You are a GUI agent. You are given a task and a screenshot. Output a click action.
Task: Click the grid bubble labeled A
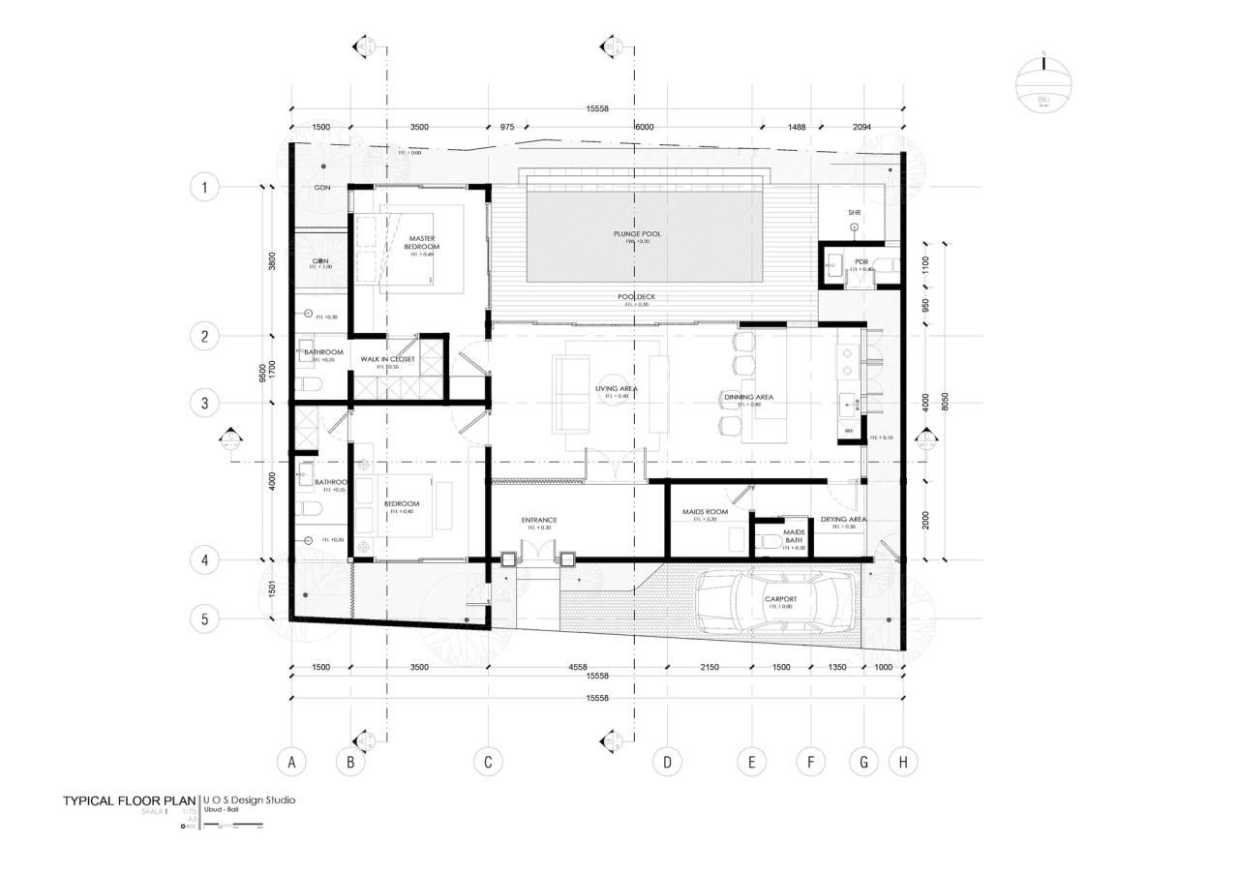pyautogui.click(x=291, y=762)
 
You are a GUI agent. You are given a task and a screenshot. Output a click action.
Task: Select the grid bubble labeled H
pyautogui.click(x=903, y=762)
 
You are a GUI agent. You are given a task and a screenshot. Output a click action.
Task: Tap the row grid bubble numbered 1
pyautogui.click(x=204, y=186)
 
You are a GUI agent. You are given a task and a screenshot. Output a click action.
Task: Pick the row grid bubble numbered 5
pyautogui.click(x=204, y=619)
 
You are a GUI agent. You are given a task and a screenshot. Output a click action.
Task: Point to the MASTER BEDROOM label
pyautogui.click(x=422, y=242)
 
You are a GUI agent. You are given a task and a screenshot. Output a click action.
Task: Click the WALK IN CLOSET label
pyautogui.click(x=387, y=359)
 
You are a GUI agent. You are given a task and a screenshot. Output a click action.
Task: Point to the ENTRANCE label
pyautogui.click(x=539, y=520)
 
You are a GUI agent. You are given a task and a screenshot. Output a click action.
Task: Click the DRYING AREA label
pyautogui.click(x=843, y=519)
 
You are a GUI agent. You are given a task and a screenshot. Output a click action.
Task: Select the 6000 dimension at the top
pyautogui.click(x=644, y=127)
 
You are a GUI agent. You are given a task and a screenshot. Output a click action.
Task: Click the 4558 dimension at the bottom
pyautogui.click(x=576, y=667)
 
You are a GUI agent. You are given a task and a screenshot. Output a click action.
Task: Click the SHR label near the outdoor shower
pyautogui.click(x=854, y=212)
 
